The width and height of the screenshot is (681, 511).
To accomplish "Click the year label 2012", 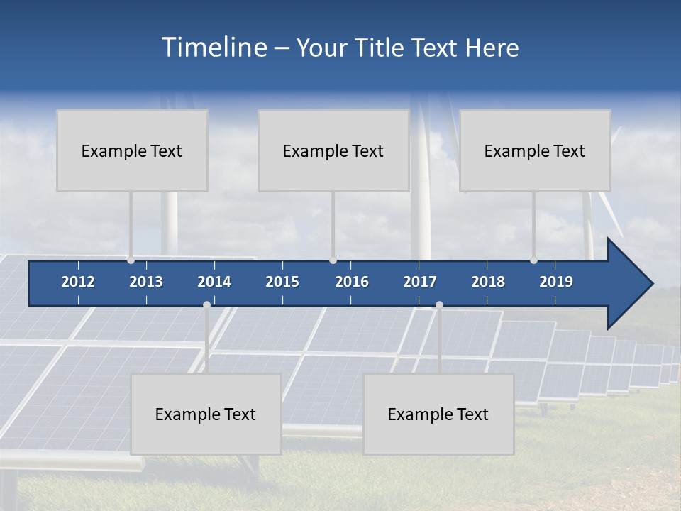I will (x=78, y=282).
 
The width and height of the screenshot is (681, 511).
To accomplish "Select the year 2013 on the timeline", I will (x=146, y=282).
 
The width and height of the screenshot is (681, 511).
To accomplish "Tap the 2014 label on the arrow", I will (x=214, y=282).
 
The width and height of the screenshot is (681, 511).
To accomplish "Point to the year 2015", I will (x=282, y=282).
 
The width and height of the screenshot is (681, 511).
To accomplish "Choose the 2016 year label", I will (x=352, y=282).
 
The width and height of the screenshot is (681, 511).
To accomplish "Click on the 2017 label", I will (x=420, y=282).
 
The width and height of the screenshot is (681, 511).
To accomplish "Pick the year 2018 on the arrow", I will (x=488, y=282).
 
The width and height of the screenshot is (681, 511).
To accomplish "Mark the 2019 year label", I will (x=556, y=282).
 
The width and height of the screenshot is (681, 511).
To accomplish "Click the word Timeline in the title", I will (x=213, y=48).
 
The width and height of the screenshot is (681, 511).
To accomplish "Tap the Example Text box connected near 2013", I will (x=132, y=150).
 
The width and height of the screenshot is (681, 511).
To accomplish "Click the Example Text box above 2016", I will (x=333, y=150).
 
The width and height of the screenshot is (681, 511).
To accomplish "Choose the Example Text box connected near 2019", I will (x=535, y=150).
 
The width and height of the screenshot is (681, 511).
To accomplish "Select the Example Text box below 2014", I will (x=206, y=414).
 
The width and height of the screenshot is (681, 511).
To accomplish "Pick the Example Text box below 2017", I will (x=438, y=414).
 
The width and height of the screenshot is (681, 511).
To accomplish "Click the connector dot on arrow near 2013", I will (x=131, y=260).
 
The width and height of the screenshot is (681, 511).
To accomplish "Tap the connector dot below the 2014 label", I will (x=206, y=304).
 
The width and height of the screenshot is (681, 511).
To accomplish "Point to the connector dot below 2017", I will (x=439, y=304).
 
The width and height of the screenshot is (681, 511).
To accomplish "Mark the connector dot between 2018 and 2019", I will (x=533, y=260).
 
